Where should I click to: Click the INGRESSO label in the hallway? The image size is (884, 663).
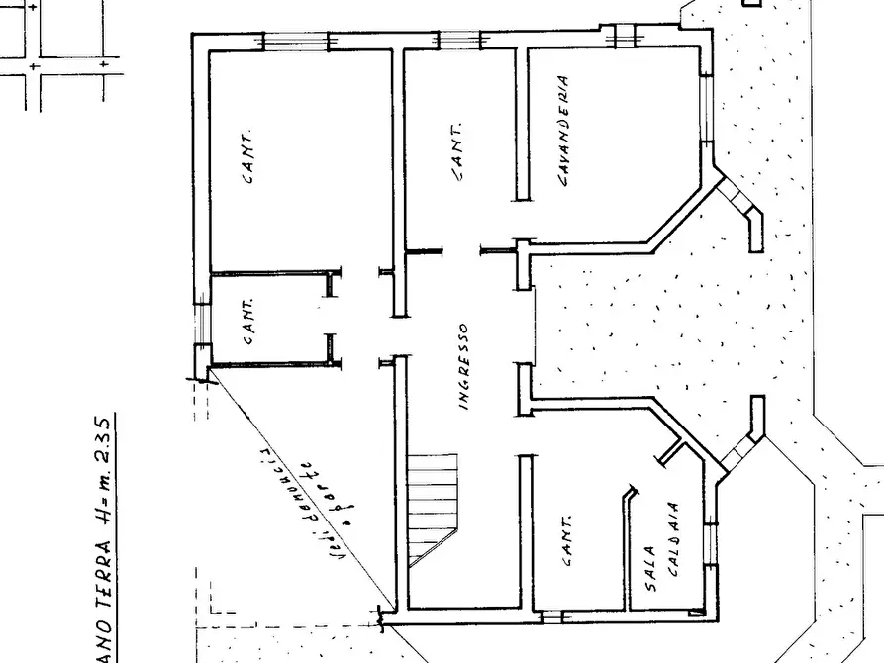tap(463, 367)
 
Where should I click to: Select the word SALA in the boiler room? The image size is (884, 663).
tap(651, 574)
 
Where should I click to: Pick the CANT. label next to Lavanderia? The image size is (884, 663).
tap(457, 152)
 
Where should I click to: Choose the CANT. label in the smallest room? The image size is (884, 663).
tap(248, 322)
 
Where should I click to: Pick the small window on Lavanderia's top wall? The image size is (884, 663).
tap(624, 37)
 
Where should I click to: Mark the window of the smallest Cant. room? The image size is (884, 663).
tap(201, 322)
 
